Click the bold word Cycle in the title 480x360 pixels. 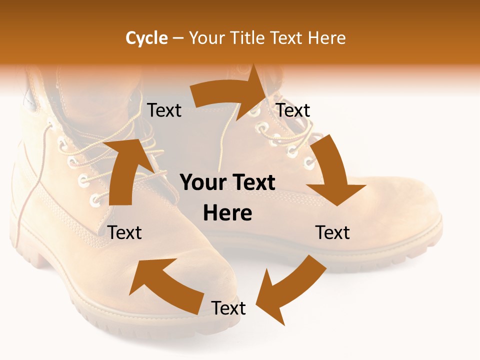click(146, 38)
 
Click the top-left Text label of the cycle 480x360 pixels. click(164, 110)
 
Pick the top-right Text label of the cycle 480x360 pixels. click(293, 110)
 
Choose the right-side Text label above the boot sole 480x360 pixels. click(332, 232)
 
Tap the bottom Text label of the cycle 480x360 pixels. click(228, 308)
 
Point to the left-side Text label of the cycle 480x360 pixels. click(125, 232)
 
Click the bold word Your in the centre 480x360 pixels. click(202, 183)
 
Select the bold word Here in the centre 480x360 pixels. click(227, 213)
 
